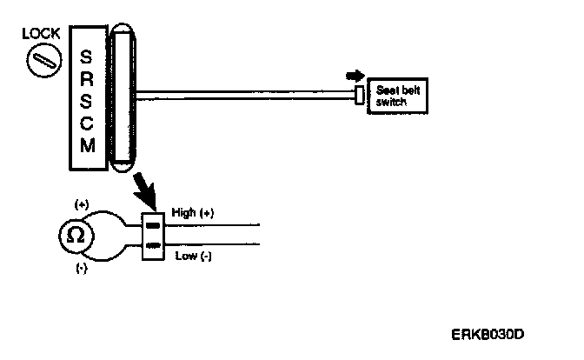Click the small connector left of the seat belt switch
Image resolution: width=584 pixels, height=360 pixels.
click(360, 96)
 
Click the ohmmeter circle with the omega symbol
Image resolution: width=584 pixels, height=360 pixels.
click(76, 235)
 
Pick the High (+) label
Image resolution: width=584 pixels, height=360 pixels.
click(194, 211)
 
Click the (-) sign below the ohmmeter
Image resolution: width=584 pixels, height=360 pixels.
click(82, 268)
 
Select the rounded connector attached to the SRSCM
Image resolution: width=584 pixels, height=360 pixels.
click(121, 97)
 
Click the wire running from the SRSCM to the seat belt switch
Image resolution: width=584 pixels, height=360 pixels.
click(243, 96)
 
